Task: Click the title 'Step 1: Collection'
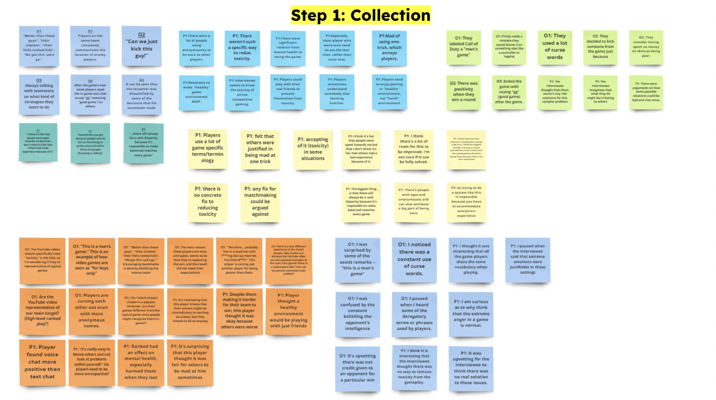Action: click(x=361, y=15)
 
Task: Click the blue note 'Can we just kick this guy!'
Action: click(x=141, y=46)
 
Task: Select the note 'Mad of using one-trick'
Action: click(x=389, y=48)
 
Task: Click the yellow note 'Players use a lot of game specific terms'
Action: click(x=208, y=148)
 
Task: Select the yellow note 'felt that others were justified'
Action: click(x=260, y=149)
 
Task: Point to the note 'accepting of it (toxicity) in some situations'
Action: click(x=313, y=149)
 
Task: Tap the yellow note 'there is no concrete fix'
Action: click(x=208, y=202)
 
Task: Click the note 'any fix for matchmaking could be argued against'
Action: click(x=260, y=202)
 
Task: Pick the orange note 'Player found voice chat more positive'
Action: click(x=42, y=362)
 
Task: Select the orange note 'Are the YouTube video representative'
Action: click(x=42, y=311)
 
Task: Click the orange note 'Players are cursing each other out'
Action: click(x=91, y=311)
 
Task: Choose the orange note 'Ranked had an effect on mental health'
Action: click(x=141, y=362)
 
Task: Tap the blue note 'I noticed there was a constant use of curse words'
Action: click(x=414, y=259)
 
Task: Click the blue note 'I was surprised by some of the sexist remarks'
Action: click(x=358, y=259)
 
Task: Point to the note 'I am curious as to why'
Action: click(x=471, y=314)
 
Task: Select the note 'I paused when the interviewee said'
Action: click(x=527, y=259)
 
